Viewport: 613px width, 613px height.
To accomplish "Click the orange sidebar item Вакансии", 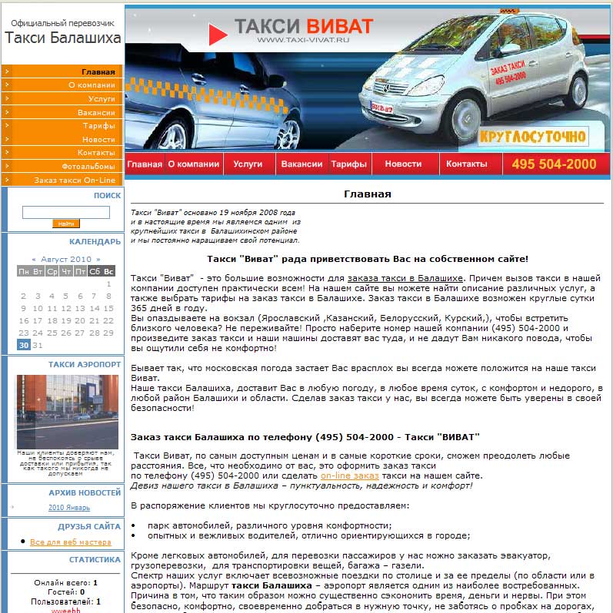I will tap(96, 112).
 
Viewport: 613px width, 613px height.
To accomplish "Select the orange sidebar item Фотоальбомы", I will tap(88, 166).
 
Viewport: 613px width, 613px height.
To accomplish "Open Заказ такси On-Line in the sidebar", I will tap(75, 180).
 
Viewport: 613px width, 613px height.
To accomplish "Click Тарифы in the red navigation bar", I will tap(348, 164).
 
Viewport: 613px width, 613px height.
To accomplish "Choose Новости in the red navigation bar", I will tap(403, 164).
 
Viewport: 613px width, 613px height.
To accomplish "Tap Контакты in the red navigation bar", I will tap(467, 164).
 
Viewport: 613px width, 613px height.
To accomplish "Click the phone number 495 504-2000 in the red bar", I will tap(554, 164).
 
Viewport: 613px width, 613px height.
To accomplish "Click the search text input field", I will tap(66, 212).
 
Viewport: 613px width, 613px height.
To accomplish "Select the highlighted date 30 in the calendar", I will tap(23, 346).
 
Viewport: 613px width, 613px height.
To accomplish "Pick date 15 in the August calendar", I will tap(108, 309).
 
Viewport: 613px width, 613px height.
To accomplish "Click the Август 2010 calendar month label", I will tap(65, 260).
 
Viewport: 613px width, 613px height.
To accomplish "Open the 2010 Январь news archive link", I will tap(69, 508).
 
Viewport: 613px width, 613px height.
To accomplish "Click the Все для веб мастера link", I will tap(70, 542).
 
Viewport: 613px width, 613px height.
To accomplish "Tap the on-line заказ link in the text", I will tap(349, 476).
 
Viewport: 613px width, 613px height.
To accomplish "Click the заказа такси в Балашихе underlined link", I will tap(405, 277).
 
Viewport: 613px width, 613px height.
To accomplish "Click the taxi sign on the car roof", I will tap(509, 12).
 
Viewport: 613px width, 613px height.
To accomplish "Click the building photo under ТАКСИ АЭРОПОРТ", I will tap(67, 411).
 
